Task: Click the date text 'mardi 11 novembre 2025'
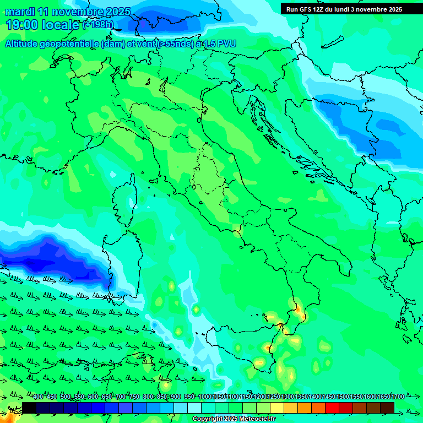[68, 12]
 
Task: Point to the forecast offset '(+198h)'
[98, 25]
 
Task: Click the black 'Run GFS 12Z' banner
[341, 9]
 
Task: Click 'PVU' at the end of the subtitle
[227, 44]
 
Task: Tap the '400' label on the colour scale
[38, 397]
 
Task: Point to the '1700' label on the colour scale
[382, 397]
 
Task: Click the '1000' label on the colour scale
[204, 397]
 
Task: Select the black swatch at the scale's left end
[29, 408]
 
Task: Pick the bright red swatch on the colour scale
[332, 408]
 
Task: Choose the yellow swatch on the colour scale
[277, 408]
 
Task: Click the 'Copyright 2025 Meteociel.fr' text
[234, 419]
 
